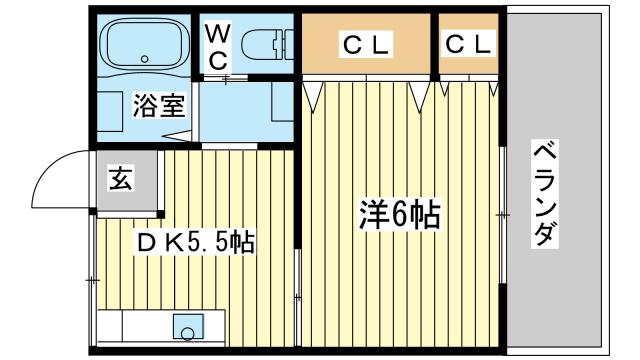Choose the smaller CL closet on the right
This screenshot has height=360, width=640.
(x=468, y=44)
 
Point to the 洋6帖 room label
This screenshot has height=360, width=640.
(x=400, y=214)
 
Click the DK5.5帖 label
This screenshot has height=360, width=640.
(x=195, y=241)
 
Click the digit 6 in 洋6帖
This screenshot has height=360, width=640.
(x=398, y=214)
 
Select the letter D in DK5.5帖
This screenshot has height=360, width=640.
(x=146, y=241)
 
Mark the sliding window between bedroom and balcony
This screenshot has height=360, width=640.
(x=503, y=214)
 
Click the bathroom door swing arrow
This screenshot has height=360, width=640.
(x=176, y=133)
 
